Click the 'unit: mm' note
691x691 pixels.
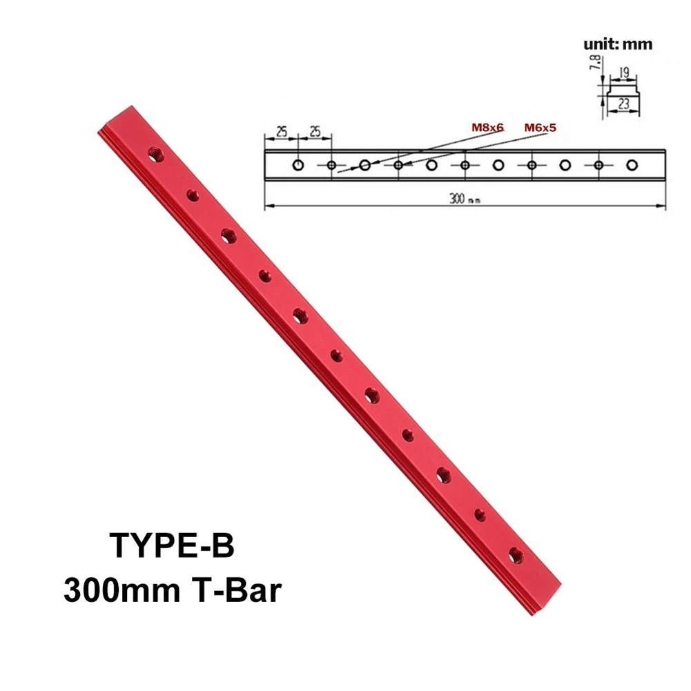[618, 45]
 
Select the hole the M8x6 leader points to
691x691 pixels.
[365, 165]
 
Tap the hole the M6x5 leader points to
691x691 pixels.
[398, 165]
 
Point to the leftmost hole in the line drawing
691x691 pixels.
[298, 165]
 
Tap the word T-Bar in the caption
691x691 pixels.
[234, 591]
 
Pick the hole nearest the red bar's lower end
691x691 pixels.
[515, 553]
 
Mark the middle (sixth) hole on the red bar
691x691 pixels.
[337, 356]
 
